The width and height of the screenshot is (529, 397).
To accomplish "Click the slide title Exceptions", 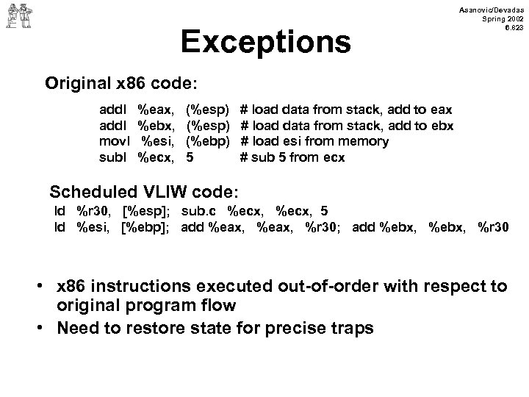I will coord(265,43).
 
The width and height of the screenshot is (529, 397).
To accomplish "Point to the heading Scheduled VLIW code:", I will coord(143,192).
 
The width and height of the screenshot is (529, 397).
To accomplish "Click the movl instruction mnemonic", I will coord(114,141).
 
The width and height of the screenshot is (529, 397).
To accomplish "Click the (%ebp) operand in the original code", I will coord(209,141).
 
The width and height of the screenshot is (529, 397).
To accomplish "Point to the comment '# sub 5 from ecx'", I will coord(292,157).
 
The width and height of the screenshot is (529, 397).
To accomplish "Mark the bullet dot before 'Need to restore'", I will coord(45,328).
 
